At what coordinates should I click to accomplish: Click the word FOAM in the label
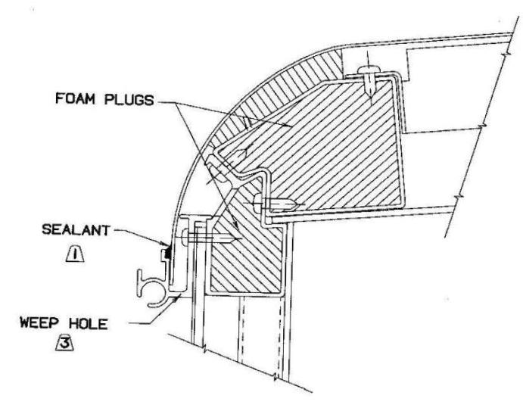(75, 99)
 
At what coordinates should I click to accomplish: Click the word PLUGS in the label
(129, 100)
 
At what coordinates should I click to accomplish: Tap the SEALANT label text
(76, 230)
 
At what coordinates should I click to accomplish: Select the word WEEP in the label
(39, 323)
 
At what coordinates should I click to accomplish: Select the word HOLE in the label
(89, 324)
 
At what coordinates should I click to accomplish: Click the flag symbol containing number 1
(75, 254)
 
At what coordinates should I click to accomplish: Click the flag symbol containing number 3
(64, 343)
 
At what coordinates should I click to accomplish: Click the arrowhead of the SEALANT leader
(166, 244)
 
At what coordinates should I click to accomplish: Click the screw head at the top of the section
(369, 70)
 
